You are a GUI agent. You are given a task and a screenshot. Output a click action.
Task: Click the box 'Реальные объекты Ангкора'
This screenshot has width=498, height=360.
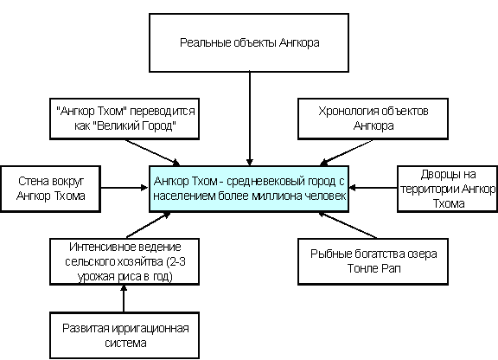(249, 42)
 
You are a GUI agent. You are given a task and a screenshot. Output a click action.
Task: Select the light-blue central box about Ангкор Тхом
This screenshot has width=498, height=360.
(249, 189)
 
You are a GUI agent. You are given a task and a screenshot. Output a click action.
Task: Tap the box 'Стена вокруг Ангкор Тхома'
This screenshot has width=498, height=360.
(50, 189)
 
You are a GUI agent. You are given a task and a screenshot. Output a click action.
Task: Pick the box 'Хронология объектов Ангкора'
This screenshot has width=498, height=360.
(373, 119)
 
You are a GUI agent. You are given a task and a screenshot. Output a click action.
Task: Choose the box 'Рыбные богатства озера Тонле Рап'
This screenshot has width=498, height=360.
(373, 261)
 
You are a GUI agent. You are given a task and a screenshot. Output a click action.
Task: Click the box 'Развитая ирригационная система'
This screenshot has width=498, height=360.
(124, 336)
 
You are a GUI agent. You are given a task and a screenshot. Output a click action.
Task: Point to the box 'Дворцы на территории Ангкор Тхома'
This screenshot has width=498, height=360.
(448, 189)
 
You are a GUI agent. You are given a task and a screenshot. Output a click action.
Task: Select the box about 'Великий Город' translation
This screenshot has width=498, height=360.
(124, 119)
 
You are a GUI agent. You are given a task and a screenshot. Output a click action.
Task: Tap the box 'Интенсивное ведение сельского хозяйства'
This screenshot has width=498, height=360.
(124, 261)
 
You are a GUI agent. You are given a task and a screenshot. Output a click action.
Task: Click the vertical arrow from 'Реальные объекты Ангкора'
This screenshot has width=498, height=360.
(250, 119)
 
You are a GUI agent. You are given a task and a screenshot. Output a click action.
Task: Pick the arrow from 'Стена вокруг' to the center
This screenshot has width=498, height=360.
(124, 188)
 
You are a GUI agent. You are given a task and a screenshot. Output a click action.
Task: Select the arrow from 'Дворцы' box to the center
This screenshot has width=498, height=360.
(373, 188)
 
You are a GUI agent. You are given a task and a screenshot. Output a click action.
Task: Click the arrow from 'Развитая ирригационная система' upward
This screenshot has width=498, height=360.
(124, 299)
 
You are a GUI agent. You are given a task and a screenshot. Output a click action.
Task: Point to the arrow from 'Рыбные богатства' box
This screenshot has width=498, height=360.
(348, 225)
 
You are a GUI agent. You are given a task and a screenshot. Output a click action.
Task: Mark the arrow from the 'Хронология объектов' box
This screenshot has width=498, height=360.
(346, 152)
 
